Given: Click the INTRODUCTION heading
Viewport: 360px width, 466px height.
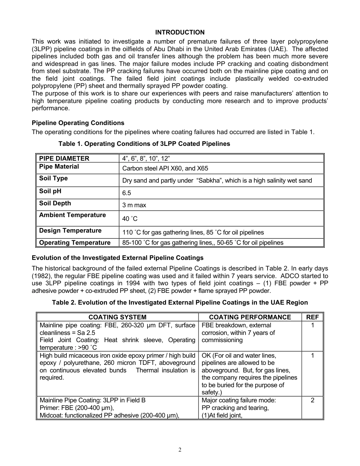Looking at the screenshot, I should [180, 32].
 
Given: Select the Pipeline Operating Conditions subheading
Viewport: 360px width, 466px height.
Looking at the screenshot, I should [78, 123].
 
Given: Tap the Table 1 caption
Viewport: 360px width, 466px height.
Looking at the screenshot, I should [144, 144].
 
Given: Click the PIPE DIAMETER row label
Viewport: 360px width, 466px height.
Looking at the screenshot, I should [64, 158].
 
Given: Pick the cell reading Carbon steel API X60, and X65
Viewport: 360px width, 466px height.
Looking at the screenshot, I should [165, 168].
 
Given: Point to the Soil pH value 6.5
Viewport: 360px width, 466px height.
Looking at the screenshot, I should [127, 193].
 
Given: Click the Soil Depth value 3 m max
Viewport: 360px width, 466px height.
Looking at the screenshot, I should [134, 205].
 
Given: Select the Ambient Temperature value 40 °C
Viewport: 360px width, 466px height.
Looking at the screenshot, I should [130, 219].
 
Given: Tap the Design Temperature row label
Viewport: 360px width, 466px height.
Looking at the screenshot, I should [70, 230].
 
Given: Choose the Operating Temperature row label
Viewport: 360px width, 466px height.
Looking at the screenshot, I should [75, 242].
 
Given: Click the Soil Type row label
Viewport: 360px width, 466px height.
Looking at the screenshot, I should [53, 178].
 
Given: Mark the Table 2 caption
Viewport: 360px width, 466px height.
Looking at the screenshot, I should [180, 302].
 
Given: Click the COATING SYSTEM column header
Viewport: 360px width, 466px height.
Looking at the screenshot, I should [117, 317].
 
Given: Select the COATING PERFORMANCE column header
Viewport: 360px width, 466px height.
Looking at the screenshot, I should [250, 317].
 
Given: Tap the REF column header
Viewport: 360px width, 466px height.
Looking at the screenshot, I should [312, 317].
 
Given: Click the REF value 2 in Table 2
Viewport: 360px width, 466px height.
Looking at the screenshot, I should [312, 400].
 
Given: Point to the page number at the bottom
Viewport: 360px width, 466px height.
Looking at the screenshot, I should [180, 450].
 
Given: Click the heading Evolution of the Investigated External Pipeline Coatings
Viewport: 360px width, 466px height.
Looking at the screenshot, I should [117, 258].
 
